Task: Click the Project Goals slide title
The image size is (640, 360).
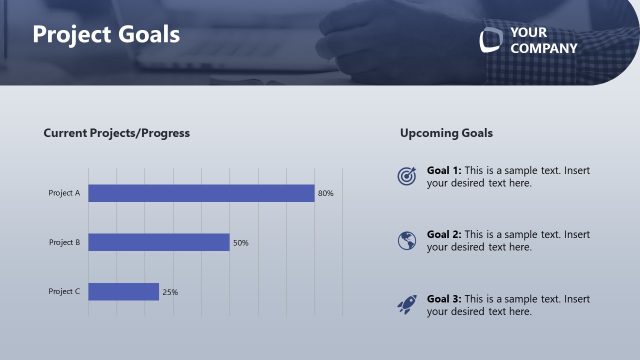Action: [106, 34]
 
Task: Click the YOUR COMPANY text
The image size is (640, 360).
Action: [543, 40]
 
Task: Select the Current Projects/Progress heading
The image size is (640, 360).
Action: [116, 133]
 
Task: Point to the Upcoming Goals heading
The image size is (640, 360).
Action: [446, 133]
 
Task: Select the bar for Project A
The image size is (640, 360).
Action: [201, 193]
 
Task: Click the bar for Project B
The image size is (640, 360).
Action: [159, 242]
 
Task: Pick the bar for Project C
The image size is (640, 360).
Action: [123, 291]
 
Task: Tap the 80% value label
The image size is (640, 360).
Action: [325, 193]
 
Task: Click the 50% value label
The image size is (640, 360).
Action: [240, 243]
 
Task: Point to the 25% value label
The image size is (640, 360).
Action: [170, 292]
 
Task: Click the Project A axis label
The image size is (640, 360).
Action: [64, 193]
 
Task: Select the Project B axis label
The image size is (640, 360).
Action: [64, 242]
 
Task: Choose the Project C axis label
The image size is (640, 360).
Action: [64, 291]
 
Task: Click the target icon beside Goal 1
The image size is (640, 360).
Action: [406, 176]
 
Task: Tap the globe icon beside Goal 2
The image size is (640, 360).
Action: [406, 240]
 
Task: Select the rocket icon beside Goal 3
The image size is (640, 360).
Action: [406, 304]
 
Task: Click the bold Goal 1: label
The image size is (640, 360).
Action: [443, 170]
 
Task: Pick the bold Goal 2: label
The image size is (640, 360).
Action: [443, 234]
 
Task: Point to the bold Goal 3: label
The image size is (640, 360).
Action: [443, 298]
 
